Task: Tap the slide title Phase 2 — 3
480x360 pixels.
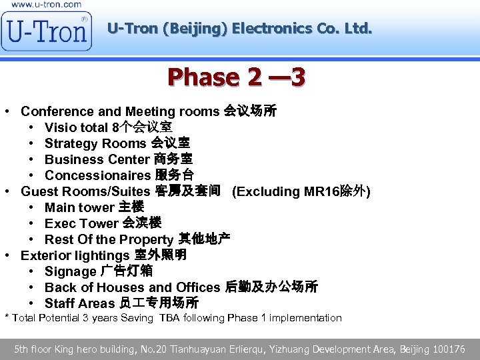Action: (237, 77)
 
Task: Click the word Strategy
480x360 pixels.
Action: (70, 143)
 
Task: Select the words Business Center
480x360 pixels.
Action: (97, 159)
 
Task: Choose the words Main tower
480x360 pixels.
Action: (79, 207)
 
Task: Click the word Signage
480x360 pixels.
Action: (70, 271)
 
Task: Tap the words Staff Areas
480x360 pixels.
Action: (79, 303)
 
